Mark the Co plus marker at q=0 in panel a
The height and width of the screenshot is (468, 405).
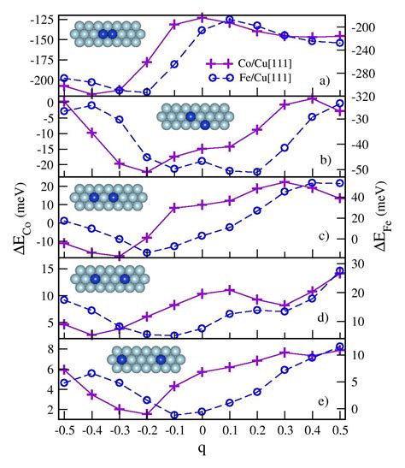point(202,16)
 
